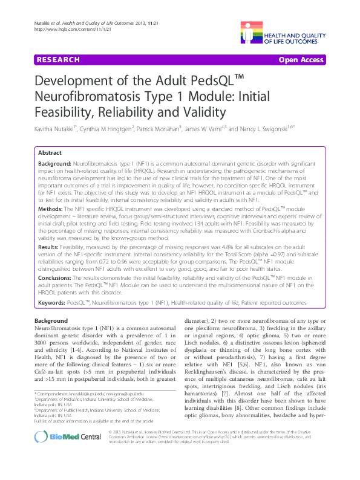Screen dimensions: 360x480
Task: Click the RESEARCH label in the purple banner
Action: point(59,60)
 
